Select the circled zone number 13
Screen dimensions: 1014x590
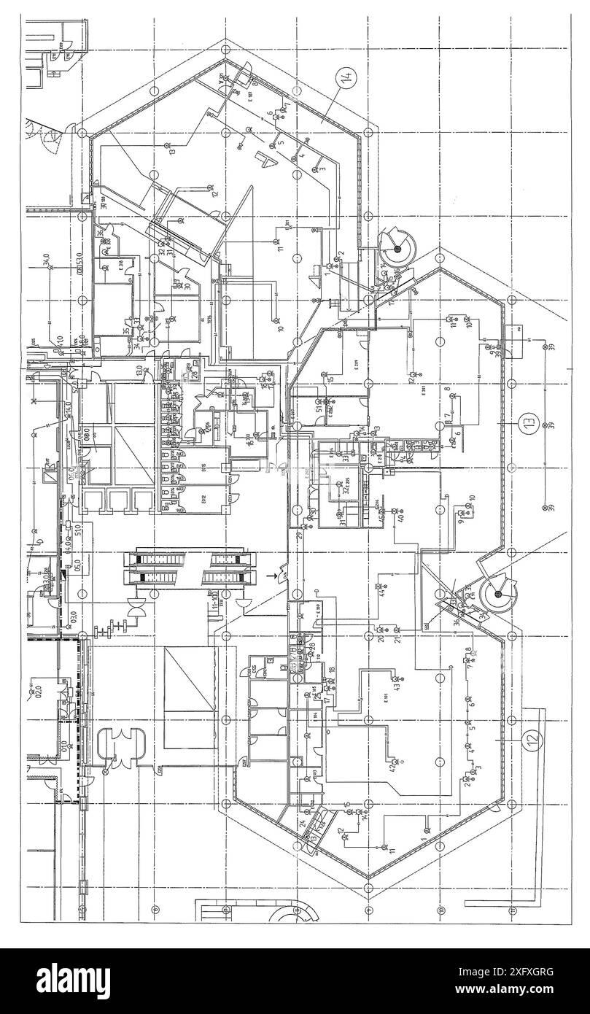pos(527,421)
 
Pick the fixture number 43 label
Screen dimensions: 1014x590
pos(397,686)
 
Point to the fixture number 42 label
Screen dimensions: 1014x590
pos(392,767)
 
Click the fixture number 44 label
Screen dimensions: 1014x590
pos(381,592)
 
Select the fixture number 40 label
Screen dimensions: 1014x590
pos(400,519)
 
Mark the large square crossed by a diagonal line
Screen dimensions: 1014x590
pos(190,697)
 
